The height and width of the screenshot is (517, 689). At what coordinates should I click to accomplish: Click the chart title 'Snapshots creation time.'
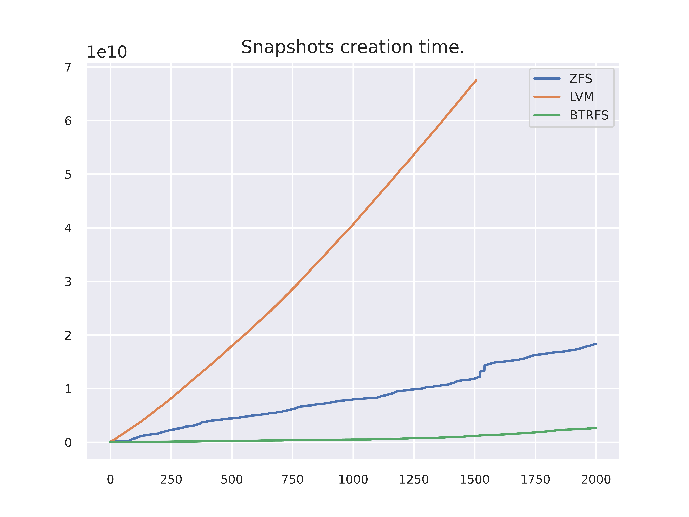(353, 47)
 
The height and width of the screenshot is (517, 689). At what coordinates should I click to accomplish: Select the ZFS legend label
(581, 79)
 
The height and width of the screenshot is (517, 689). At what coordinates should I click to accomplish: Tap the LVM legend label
(581, 97)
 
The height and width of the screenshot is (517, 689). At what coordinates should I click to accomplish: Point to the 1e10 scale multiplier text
(107, 52)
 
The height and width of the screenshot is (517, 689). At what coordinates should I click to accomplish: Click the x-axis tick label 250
(171, 479)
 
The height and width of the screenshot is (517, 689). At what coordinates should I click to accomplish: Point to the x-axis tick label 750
(292, 479)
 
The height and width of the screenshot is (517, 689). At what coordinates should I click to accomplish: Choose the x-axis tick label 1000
(353, 479)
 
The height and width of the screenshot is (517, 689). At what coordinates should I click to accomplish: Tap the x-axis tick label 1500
(474, 479)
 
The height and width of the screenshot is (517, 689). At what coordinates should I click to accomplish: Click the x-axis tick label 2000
(596, 479)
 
